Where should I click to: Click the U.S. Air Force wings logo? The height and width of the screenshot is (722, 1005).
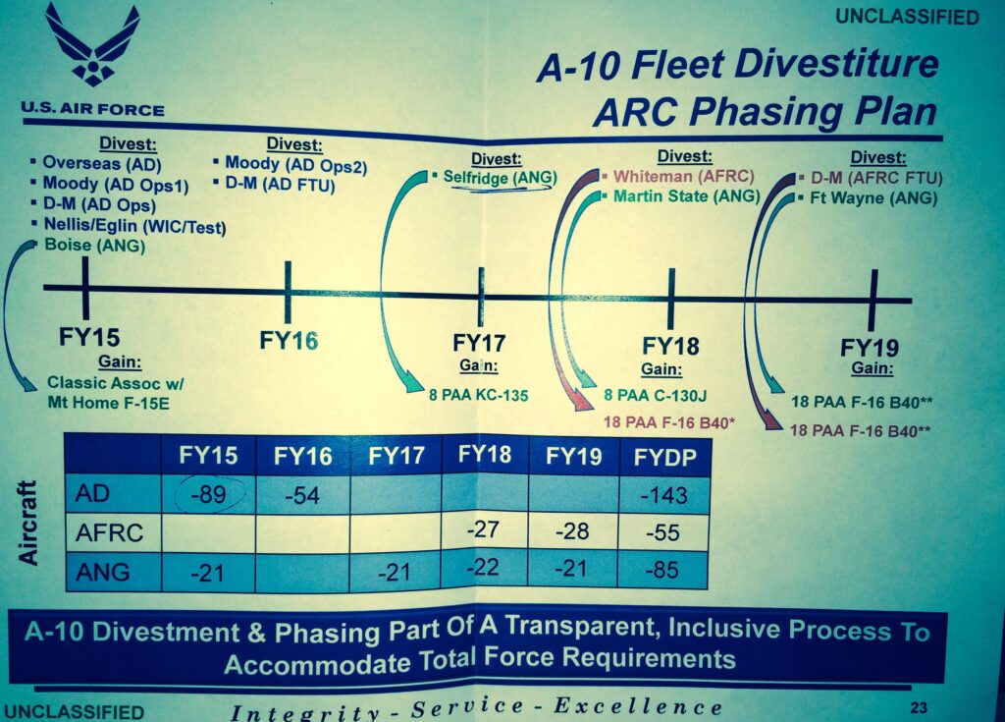click(93, 45)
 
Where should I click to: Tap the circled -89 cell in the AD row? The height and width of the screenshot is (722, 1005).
click(208, 495)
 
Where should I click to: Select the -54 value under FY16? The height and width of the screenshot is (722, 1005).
click(302, 495)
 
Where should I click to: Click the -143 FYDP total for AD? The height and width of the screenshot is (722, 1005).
click(664, 495)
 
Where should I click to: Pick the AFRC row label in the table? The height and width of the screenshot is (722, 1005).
click(109, 532)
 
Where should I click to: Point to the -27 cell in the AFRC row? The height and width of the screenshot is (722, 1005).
click(483, 529)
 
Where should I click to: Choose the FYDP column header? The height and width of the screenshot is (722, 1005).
click(664, 457)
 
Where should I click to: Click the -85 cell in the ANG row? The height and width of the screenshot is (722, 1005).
click(662, 570)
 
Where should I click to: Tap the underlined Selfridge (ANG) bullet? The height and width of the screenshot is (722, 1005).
click(495, 178)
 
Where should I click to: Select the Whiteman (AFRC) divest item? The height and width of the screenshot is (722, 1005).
click(678, 177)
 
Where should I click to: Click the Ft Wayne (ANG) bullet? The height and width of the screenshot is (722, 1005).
click(868, 197)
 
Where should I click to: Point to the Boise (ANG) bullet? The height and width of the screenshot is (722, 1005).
click(89, 246)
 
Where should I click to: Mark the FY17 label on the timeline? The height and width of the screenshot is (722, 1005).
click(479, 343)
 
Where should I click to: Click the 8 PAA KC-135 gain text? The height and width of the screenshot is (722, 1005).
click(478, 395)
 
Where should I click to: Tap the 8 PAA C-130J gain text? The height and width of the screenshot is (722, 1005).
click(655, 395)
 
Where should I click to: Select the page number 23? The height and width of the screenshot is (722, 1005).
click(919, 707)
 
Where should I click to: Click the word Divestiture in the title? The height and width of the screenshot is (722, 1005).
click(836, 64)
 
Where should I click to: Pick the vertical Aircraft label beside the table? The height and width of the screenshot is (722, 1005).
click(27, 523)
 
